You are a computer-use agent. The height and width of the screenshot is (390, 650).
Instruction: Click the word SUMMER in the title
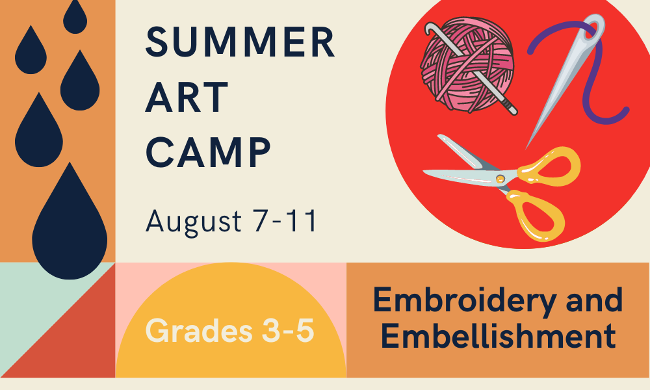tap(240, 42)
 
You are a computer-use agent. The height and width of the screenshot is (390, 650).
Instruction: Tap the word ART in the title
tap(187, 97)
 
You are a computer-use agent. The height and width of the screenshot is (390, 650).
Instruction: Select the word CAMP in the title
tap(208, 153)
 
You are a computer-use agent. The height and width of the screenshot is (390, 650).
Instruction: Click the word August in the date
tap(194, 222)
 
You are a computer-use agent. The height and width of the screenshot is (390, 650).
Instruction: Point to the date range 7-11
tap(285, 220)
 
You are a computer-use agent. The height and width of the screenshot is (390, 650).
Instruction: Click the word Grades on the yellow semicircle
tap(199, 330)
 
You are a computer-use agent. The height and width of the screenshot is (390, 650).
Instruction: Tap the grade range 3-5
tap(288, 330)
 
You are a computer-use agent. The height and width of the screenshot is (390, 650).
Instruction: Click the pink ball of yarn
tap(467, 64)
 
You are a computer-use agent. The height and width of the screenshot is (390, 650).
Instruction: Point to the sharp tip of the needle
tap(526, 148)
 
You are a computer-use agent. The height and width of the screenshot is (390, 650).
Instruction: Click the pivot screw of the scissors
tap(500, 179)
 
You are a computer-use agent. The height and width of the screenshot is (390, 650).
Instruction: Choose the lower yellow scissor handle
tap(536, 216)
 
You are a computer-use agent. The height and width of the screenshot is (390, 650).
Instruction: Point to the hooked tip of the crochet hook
tap(429, 27)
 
